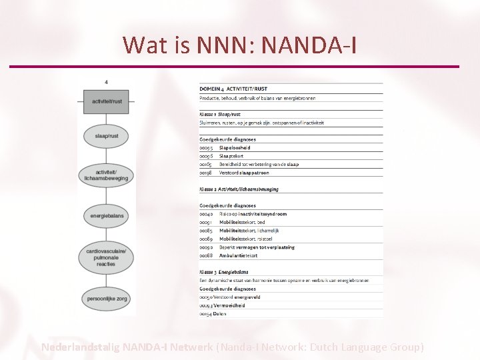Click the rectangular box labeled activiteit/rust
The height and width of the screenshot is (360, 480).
[x=107, y=101]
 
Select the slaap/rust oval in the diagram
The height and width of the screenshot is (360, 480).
[x=107, y=136]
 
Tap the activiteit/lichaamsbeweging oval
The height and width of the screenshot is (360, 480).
[x=107, y=175]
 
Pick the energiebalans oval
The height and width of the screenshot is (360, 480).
[x=107, y=215]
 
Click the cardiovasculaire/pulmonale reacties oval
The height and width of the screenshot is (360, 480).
[x=107, y=257]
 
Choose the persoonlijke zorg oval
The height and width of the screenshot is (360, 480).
[x=107, y=299]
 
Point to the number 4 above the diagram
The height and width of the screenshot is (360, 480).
[x=107, y=82]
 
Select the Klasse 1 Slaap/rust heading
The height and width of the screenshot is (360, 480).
[x=220, y=114]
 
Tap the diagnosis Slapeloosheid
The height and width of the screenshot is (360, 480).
[x=235, y=148]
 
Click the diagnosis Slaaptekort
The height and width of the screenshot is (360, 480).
[x=233, y=156]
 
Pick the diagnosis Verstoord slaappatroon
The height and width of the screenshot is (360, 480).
[x=244, y=173]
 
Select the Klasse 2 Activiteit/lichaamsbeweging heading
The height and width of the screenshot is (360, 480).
[x=239, y=189]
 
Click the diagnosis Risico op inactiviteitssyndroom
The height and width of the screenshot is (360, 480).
[x=253, y=214]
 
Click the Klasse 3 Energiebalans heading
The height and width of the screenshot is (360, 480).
[x=224, y=272]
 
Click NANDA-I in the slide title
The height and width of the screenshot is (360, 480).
[x=309, y=45]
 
